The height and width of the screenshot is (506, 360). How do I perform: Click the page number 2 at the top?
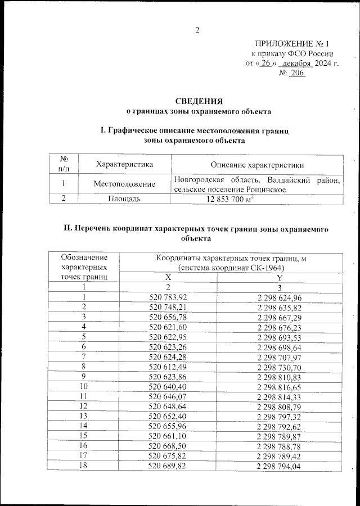tap(197, 30)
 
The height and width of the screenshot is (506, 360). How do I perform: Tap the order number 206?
tap(296, 73)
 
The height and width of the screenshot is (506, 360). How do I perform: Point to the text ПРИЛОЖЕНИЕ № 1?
tap(291, 43)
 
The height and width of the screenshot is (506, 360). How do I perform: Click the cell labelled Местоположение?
tap(124, 184)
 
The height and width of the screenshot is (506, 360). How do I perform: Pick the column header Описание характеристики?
tap(257, 165)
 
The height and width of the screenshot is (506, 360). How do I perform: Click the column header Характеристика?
tap(124, 165)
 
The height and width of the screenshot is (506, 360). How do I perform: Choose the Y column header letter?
tap(280, 277)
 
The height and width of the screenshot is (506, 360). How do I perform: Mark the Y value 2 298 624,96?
tap(280, 297)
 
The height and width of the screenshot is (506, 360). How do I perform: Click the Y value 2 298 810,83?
tap(280, 376)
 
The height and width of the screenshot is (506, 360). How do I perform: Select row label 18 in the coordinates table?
tap(84, 465)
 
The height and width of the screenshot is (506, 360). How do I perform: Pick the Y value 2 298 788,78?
tap(280, 445)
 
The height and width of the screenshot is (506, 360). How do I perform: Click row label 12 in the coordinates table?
tap(84, 405)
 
